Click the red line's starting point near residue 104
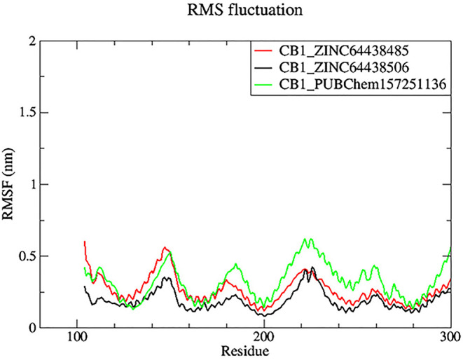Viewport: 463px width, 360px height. tap(85, 242)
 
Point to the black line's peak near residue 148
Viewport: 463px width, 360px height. tap(166, 277)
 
